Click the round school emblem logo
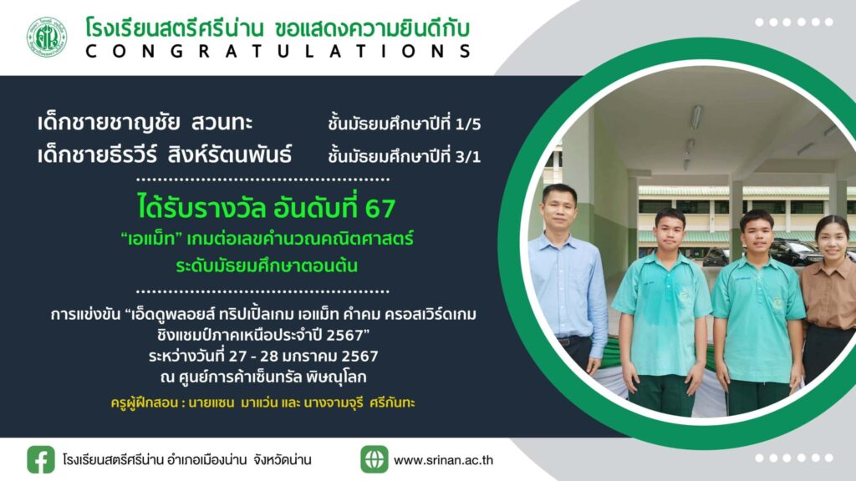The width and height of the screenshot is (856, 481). pos(47,37)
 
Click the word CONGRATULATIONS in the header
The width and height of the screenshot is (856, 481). pos(278,51)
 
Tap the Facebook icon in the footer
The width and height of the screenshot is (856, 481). pos(41,459)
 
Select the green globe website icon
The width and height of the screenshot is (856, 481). pos(374,459)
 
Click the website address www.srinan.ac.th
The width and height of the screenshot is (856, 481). pos(443,460)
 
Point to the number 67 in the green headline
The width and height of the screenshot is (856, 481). pos(380,208)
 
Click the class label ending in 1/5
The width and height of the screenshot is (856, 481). pos(405,124)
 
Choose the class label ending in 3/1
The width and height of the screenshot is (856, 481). pos(405,156)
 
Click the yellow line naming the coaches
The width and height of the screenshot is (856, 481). pos(262,403)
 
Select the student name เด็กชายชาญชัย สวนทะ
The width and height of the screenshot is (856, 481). pos(145,122)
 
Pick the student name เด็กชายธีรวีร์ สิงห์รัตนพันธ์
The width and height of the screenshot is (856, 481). pos(165,154)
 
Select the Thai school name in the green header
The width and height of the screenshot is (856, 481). pos(175,28)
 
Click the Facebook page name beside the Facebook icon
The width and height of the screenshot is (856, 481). pos(186,460)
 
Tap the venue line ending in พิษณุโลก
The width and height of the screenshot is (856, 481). pos(263,377)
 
